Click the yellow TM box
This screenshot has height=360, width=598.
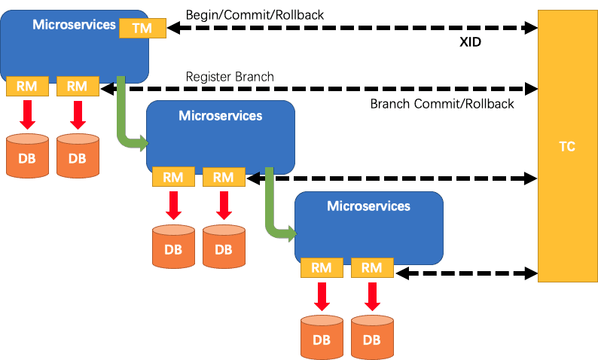[141, 28]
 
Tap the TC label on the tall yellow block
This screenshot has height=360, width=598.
[567, 147]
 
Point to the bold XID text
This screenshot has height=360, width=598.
[471, 43]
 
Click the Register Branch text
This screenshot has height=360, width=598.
[230, 77]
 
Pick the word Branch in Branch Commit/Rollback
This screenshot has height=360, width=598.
[389, 103]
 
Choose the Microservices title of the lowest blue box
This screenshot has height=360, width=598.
[368, 206]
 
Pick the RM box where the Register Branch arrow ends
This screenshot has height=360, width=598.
[77, 86]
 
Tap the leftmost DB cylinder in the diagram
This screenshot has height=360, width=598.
[27, 156]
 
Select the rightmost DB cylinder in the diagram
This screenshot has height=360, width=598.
[371, 337]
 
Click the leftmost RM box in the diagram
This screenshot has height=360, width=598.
[27, 86]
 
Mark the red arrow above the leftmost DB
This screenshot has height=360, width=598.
[27, 114]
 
